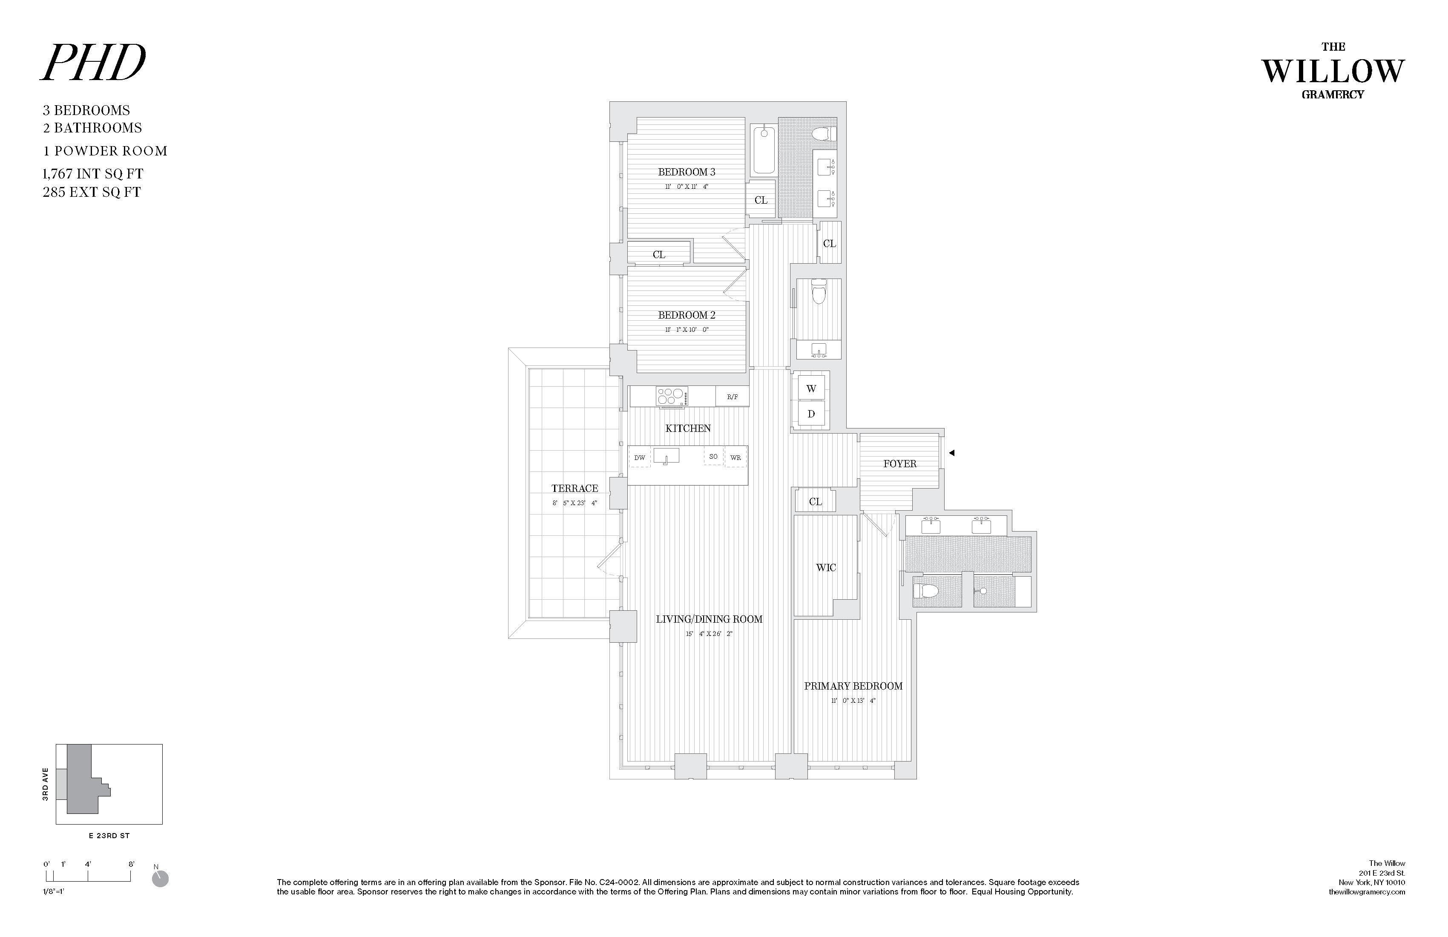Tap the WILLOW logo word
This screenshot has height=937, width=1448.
[x=1333, y=72]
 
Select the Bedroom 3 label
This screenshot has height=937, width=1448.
[x=686, y=172]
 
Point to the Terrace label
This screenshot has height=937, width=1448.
[x=575, y=489]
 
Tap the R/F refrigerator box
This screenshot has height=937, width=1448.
[x=732, y=397]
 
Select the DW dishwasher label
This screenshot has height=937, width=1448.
[x=639, y=457]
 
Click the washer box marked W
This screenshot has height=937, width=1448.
[x=811, y=388]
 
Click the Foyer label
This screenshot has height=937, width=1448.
[x=899, y=464]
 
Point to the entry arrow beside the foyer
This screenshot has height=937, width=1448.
[x=952, y=453]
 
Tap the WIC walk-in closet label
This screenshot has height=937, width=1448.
[x=826, y=568]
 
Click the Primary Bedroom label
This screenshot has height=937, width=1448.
[x=853, y=686]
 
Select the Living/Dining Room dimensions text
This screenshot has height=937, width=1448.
[x=709, y=634]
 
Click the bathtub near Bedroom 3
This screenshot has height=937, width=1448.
[x=764, y=149]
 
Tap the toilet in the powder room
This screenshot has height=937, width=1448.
[x=819, y=294]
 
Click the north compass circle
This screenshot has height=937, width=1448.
[x=160, y=879]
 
